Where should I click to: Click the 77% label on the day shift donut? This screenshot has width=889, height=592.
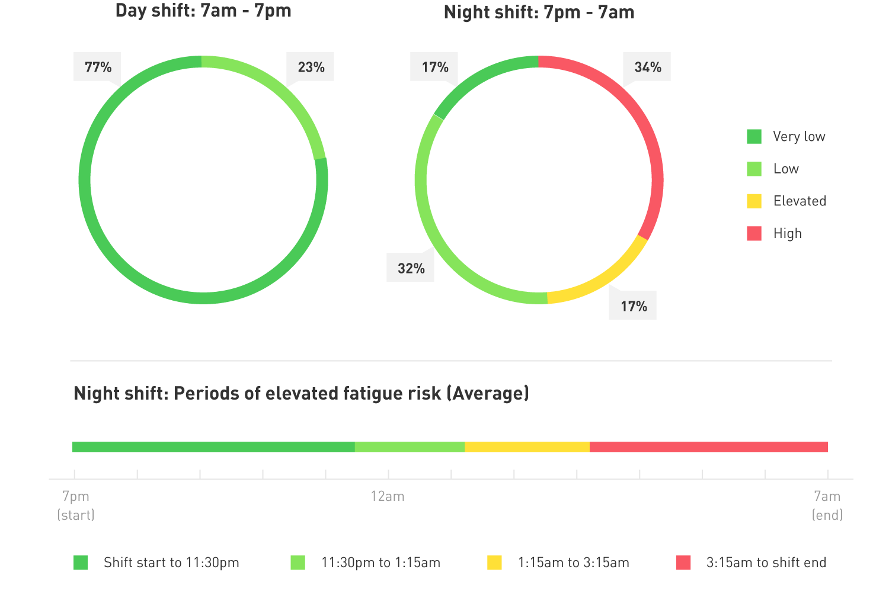(97, 67)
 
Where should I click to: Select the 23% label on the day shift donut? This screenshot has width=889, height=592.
(311, 67)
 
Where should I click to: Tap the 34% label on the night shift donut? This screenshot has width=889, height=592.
(647, 67)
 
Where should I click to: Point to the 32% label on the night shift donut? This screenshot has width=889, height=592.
(411, 268)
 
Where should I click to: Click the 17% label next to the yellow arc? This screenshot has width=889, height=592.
(633, 306)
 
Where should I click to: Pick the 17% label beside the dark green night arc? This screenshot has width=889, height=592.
(434, 67)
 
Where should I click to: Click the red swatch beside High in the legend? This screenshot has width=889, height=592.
(754, 233)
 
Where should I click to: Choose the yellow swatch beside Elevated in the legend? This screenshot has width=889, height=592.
(754, 201)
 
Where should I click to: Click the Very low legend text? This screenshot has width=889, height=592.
(799, 137)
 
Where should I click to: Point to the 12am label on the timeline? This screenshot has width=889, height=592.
(388, 496)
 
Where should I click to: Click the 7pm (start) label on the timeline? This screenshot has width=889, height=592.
(76, 504)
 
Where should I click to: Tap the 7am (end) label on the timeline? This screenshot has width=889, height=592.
(827, 504)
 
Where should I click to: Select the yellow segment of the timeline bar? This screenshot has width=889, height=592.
(527, 447)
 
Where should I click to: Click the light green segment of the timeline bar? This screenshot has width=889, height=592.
(410, 447)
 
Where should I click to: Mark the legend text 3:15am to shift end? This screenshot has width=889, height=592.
(766, 562)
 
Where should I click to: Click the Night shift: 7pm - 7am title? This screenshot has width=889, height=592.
(539, 12)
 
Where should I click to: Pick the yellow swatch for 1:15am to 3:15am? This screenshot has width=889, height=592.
(494, 562)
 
